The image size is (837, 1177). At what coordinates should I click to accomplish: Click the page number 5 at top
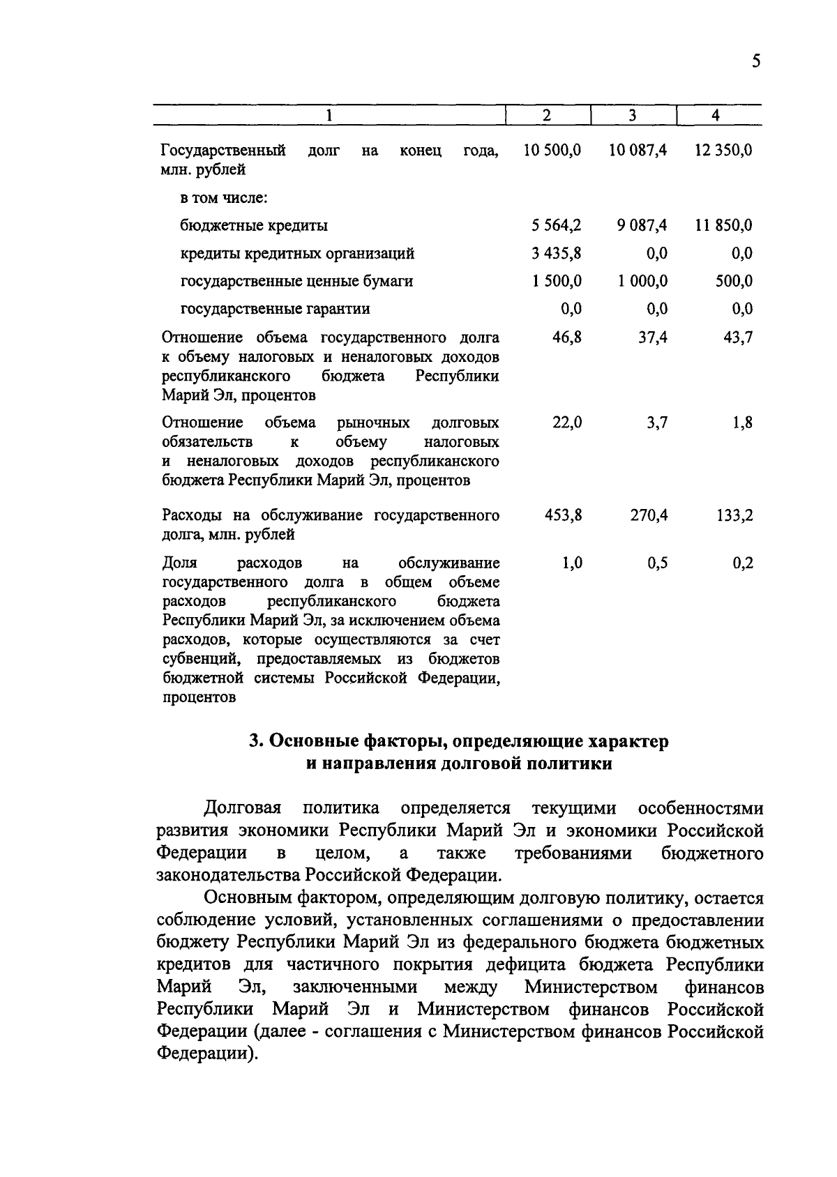pyautogui.click(x=755, y=61)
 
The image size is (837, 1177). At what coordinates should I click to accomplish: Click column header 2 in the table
pyautogui.click(x=547, y=116)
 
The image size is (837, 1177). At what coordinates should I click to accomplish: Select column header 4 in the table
pyautogui.click(x=716, y=116)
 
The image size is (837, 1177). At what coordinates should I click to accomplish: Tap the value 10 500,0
pyautogui.click(x=552, y=150)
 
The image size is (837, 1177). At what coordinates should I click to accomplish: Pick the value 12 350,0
pyautogui.click(x=723, y=150)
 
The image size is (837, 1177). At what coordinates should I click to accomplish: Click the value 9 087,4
pyautogui.click(x=638, y=225)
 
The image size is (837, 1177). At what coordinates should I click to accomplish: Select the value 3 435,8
pyautogui.click(x=557, y=253)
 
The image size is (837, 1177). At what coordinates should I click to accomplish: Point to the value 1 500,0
pyautogui.click(x=557, y=281)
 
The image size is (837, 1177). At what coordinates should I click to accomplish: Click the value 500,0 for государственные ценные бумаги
pyautogui.click(x=734, y=281)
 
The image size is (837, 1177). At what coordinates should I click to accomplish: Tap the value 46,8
pyautogui.click(x=567, y=337)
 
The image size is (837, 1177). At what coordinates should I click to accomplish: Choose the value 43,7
pyautogui.click(x=737, y=337)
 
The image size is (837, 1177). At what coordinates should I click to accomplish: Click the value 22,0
pyautogui.click(x=567, y=423)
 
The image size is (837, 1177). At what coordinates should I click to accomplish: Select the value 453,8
pyautogui.click(x=563, y=515)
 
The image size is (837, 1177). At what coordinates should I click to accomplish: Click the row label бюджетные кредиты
pyautogui.click(x=254, y=225)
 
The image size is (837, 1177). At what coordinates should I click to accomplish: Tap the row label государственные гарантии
pyautogui.click(x=276, y=309)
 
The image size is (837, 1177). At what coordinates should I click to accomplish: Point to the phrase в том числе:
pyautogui.click(x=224, y=197)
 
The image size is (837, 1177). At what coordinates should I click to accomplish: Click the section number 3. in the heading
pyautogui.click(x=256, y=741)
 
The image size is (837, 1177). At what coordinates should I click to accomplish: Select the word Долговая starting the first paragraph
pyautogui.click(x=242, y=808)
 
